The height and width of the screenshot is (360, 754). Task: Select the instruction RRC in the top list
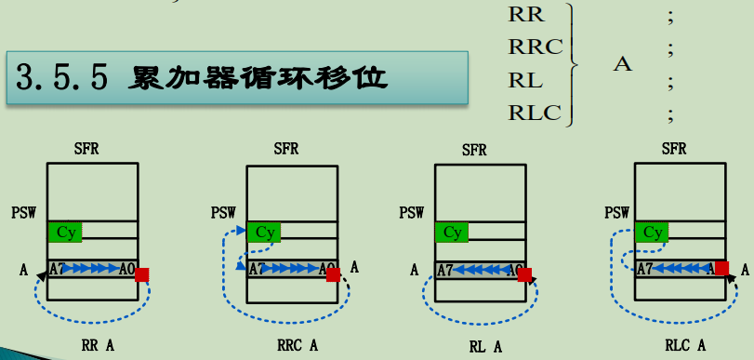point(535,47)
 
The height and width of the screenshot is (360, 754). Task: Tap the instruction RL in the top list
point(525,80)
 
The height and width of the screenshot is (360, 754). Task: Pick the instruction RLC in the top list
point(535,113)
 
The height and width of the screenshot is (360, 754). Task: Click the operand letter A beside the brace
point(623,64)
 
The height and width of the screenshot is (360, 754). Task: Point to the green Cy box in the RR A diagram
point(65,231)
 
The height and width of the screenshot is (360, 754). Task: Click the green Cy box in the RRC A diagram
point(266,232)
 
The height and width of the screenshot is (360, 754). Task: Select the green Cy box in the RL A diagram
point(453,232)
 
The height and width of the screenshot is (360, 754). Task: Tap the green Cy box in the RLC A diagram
point(654,232)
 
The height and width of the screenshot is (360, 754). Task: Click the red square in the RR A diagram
point(141,273)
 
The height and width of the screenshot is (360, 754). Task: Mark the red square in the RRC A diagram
point(333,273)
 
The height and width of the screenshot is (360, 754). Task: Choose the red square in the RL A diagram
point(524,274)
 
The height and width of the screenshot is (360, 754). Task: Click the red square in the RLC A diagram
point(721,268)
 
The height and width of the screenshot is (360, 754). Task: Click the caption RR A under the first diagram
point(98,345)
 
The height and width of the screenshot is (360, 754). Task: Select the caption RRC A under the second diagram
point(298,345)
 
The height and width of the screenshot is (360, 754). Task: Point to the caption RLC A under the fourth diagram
point(685,345)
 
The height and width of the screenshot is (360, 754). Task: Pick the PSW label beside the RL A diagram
point(412,213)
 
